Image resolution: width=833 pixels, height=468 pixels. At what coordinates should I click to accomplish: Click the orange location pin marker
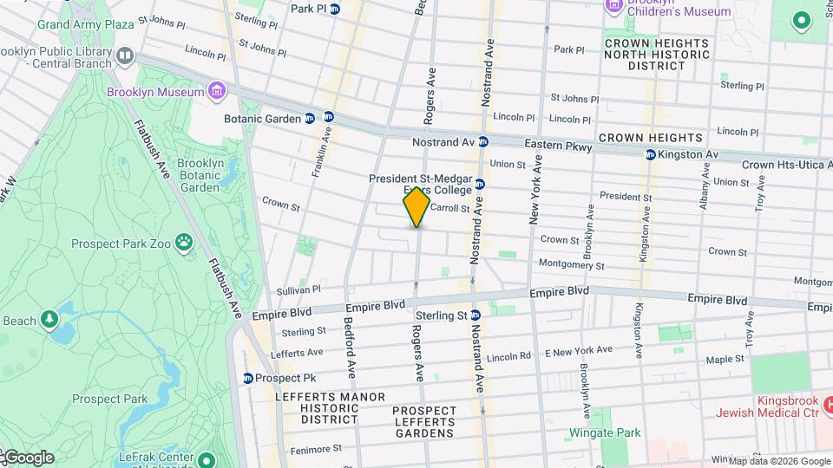point(416,207)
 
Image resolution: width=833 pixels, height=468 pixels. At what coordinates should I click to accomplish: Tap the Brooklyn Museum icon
point(216,92)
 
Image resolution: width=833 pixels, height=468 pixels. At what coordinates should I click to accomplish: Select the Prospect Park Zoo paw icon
point(184,243)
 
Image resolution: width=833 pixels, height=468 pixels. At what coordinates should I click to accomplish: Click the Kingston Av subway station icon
point(650,155)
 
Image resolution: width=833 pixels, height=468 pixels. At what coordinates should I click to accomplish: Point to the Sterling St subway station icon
point(476,315)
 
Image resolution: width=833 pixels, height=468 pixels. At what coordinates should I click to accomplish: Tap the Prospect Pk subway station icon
point(248,378)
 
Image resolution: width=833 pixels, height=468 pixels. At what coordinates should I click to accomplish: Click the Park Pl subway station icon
point(335,9)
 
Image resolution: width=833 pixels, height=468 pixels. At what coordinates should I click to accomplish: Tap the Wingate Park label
point(605,432)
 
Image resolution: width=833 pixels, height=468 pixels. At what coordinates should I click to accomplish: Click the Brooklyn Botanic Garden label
point(199,175)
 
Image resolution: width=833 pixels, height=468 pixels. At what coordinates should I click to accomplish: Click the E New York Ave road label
point(578,350)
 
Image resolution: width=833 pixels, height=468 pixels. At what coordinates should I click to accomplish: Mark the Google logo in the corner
point(28,458)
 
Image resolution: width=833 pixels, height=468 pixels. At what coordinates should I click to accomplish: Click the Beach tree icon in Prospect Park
point(49,321)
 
